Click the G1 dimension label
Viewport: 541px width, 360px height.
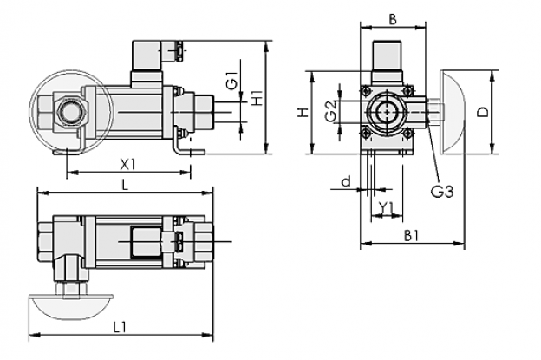pyautogui.click(x=233, y=81)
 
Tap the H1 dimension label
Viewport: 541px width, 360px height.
pyautogui.click(x=257, y=98)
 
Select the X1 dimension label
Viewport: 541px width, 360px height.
pyautogui.click(x=127, y=165)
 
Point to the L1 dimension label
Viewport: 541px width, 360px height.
pyautogui.click(x=120, y=327)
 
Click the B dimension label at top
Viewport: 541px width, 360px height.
pyautogui.click(x=393, y=20)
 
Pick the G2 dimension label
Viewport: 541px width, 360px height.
pyautogui.click(x=331, y=111)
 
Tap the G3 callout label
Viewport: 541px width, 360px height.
pyautogui.click(x=442, y=191)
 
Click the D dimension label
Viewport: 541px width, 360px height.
pyautogui.click(x=484, y=112)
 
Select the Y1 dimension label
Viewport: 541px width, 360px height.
pyautogui.click(x=386, y=207)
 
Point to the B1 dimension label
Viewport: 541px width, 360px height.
pyautogui.click(x=411, y=236)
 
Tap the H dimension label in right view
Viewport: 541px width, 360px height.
pyautogui.click(x=303, y=113)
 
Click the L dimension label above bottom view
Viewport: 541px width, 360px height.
pyautogui.click(x=125, y=186)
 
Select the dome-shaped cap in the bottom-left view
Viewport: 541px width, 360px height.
pyautogui.click(x=71, y=306)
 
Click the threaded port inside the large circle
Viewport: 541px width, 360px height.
pyautogui.click(x=69, y=112)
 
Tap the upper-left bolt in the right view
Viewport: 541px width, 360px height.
pyautogui.click(x=366, y=91)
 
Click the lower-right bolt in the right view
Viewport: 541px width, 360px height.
pyautogui.click(x=407, y=133)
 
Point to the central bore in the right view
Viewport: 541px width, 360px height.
pyautogui.click(x=387, y=112)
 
